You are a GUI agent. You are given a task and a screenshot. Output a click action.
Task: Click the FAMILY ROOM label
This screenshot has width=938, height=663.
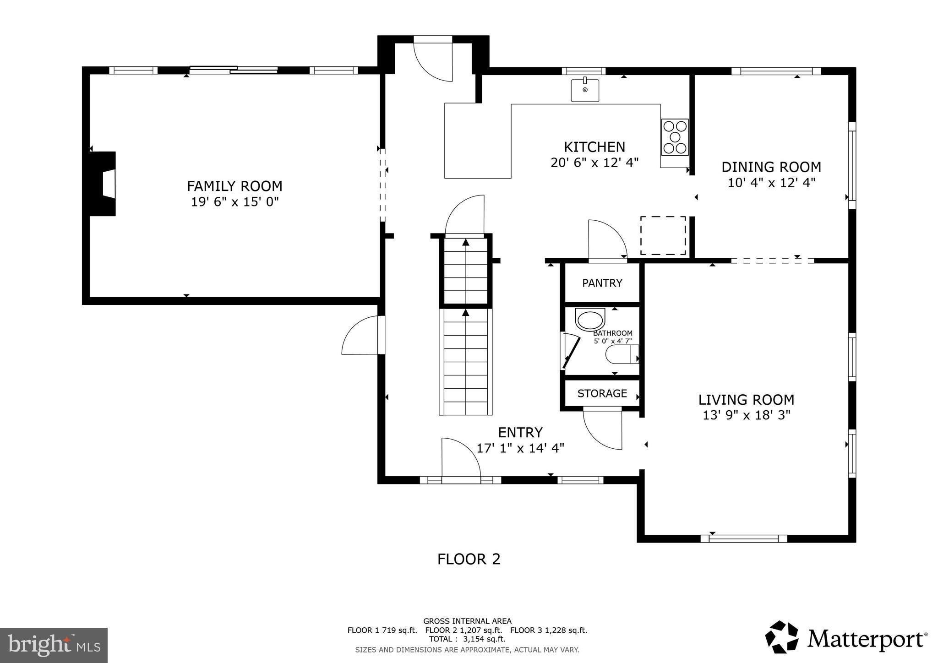(x=234, y=186)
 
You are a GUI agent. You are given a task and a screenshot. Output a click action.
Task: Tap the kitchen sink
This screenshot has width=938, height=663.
(x=585, y=90)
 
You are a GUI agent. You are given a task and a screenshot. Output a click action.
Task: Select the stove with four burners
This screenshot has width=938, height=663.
(x=675, y=137)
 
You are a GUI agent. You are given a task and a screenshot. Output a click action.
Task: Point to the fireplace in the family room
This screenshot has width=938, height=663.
(x=103, y=184)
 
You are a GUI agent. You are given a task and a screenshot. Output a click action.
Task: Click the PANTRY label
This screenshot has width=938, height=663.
(x=602, y=283)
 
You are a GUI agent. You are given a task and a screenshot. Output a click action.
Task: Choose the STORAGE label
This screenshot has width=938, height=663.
(x=602, y=393)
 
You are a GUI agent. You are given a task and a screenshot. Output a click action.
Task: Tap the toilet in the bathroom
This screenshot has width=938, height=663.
(x=622, y=354)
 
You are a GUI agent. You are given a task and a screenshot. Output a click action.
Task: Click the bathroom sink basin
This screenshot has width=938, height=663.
(x=590, y=320)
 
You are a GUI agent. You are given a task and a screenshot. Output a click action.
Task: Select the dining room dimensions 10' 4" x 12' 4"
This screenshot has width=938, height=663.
(x=771, y=183)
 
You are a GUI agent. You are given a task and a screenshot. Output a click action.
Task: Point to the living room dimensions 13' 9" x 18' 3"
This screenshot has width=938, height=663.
(x=746, y=415)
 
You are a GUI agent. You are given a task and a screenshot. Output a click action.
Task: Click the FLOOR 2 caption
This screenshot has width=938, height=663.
(x=469, y=559)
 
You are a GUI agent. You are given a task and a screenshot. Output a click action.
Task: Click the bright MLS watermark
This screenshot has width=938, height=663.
(x=54, y=645)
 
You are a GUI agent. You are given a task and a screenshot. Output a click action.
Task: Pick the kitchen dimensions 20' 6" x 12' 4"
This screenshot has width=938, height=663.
(x=594, y=163)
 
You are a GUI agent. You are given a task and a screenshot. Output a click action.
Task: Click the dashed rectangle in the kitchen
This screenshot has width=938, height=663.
(x=663, y=235)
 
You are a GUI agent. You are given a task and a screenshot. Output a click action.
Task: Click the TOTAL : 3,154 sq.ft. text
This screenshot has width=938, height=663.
(x=467, y=639)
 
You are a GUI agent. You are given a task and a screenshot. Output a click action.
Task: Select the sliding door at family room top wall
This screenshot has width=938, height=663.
(x=234, y=70)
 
